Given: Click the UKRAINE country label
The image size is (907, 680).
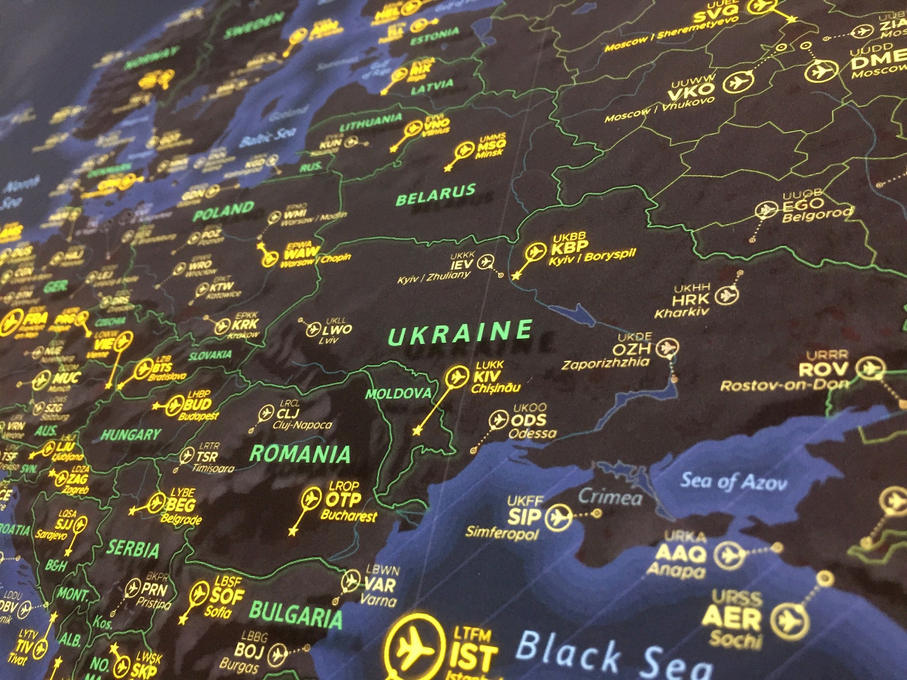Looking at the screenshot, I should tap(460, 333).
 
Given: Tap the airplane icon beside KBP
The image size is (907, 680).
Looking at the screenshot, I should tap(535, 252).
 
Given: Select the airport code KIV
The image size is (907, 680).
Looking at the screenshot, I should tap(487, 376).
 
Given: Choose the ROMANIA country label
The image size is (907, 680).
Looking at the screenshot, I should tap(300, 454).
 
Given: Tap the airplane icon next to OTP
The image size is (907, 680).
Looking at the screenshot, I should tap(311, 499).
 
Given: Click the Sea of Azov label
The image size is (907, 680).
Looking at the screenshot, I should tap(733, 482).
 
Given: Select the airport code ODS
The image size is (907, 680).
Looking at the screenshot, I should tap(528, 421).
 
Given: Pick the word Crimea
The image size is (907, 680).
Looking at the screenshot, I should tap(609, 498).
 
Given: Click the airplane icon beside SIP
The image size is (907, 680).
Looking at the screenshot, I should tap(558, 518).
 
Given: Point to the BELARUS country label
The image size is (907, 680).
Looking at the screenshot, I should tap(436, 195).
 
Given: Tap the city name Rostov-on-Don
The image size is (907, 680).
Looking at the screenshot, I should tap(784, 385).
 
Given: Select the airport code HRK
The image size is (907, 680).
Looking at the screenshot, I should tap(690, 300).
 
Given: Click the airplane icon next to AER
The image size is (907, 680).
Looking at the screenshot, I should tap(789, 620).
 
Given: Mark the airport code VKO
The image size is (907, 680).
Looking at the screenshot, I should tap(691, 90).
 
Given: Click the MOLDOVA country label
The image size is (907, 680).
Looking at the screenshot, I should tap(398, 393).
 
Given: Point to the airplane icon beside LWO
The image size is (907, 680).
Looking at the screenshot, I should tap(313, 329).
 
